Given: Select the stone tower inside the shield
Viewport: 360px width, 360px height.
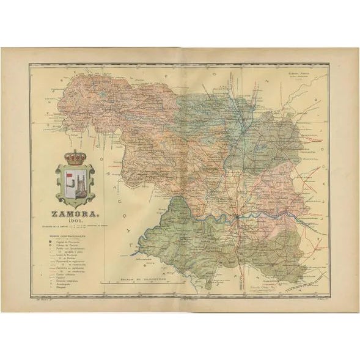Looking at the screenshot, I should (80, 183).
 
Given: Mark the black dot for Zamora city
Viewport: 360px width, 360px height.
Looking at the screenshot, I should (236, 216).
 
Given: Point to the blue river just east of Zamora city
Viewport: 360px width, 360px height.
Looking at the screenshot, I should (257, 215).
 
